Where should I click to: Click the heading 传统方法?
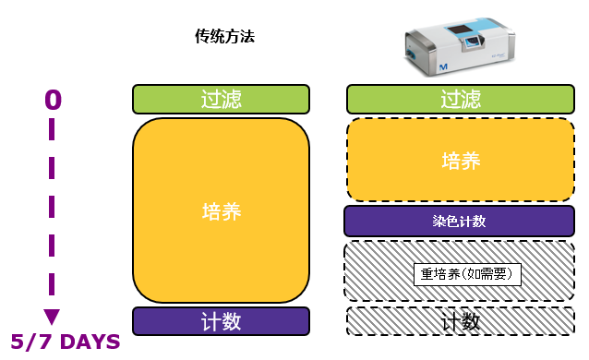224,37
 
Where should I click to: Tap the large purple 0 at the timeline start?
53,99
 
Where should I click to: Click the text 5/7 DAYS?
66,342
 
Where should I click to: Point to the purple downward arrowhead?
53,317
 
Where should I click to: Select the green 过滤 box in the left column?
221,100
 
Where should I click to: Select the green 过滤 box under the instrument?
461,100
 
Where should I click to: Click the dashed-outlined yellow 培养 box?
461,160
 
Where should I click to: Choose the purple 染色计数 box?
459,222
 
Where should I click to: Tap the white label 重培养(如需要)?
467,273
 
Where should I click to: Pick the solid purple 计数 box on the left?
221,321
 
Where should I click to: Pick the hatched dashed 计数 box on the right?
460,321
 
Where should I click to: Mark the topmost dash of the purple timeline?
53,133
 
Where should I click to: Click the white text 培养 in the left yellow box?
221,211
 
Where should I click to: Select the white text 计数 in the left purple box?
221,321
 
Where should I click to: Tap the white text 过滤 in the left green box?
221,100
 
